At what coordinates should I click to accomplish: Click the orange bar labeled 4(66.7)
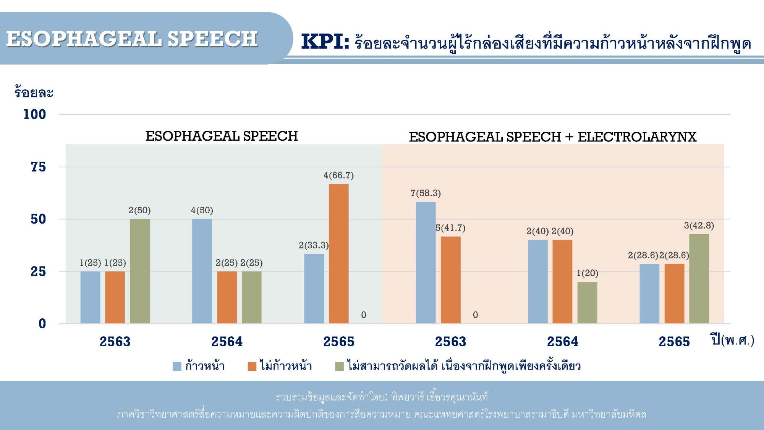point(338,254)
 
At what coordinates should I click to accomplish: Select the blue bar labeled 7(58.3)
point(426,263)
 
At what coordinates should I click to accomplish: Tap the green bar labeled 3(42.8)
point(699,279)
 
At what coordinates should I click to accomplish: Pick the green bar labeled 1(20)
point(587,303)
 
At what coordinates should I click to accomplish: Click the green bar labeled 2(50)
point(140,271)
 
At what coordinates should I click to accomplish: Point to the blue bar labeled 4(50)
point(202,271)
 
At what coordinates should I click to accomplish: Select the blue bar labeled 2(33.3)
point(314,289)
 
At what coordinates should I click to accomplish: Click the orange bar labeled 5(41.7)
point(450,280)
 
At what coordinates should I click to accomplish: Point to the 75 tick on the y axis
point(38,167)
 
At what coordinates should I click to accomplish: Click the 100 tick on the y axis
point(35,114)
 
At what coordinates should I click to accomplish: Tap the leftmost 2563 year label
point(115,342)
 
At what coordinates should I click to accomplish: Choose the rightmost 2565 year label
point(674,342)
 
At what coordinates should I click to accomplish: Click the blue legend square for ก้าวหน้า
point(177,367)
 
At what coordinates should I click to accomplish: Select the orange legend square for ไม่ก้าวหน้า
point(252,367)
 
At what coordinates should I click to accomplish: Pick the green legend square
point(339,367)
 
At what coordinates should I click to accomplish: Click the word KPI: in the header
point(325,42)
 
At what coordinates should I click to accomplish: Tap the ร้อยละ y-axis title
point(34,92)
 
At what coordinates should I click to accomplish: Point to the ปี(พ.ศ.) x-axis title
point(733,340)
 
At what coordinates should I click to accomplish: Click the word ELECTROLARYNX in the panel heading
point(637,137)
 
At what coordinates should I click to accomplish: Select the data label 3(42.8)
point(699,226)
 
